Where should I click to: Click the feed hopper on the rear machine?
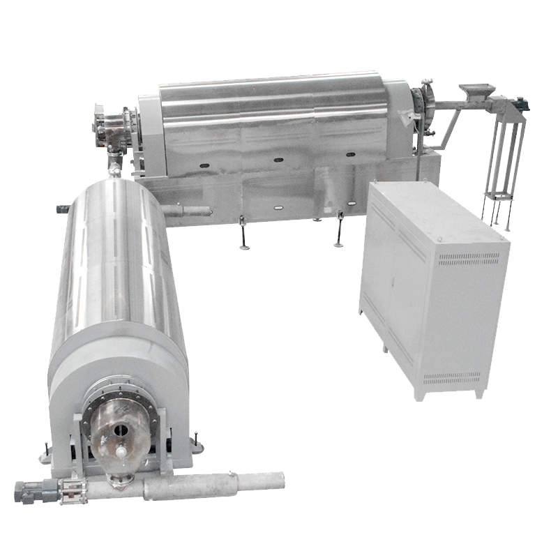click(x=476, y=91)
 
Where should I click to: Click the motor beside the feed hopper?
click(x=520, y=104)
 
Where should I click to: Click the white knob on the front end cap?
click(x=120, y=453)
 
